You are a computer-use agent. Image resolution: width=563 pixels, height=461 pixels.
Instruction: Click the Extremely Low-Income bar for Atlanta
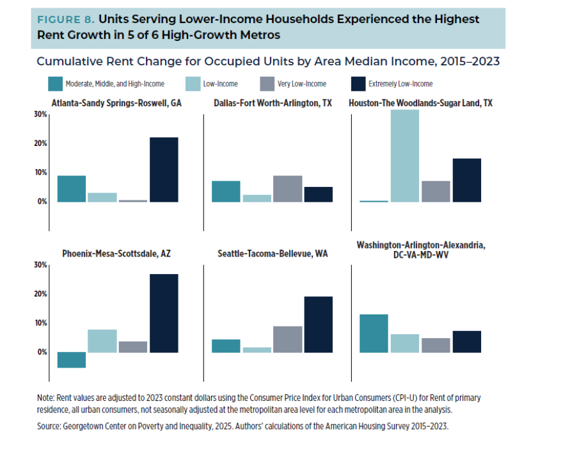click(x=164, y=170)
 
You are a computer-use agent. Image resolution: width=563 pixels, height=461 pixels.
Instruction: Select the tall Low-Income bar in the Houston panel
click(x=405, y=156)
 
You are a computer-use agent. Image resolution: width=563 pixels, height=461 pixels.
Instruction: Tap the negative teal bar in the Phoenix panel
click(x=72, y=360)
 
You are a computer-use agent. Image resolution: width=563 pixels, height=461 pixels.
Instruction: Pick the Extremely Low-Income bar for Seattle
click(x=318, y=324)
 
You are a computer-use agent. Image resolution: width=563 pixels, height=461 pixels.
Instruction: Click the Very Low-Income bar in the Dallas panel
click(x=287, y=189)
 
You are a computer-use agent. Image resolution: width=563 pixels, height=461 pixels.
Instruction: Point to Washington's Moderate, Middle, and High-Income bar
click(x=374, y=333)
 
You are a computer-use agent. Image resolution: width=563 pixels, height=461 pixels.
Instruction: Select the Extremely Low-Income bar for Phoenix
click(x=164, y=313)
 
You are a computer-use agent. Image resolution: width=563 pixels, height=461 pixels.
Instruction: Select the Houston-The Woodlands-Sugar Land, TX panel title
click(x=420, y=103)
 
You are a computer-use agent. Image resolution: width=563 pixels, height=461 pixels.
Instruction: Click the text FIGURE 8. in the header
click(x=65, y=20)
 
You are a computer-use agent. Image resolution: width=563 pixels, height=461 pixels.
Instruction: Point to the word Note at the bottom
click(x=45, y=398)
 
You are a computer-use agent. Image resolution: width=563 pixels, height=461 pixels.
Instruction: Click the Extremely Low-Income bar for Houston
click(x=466, y=180)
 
